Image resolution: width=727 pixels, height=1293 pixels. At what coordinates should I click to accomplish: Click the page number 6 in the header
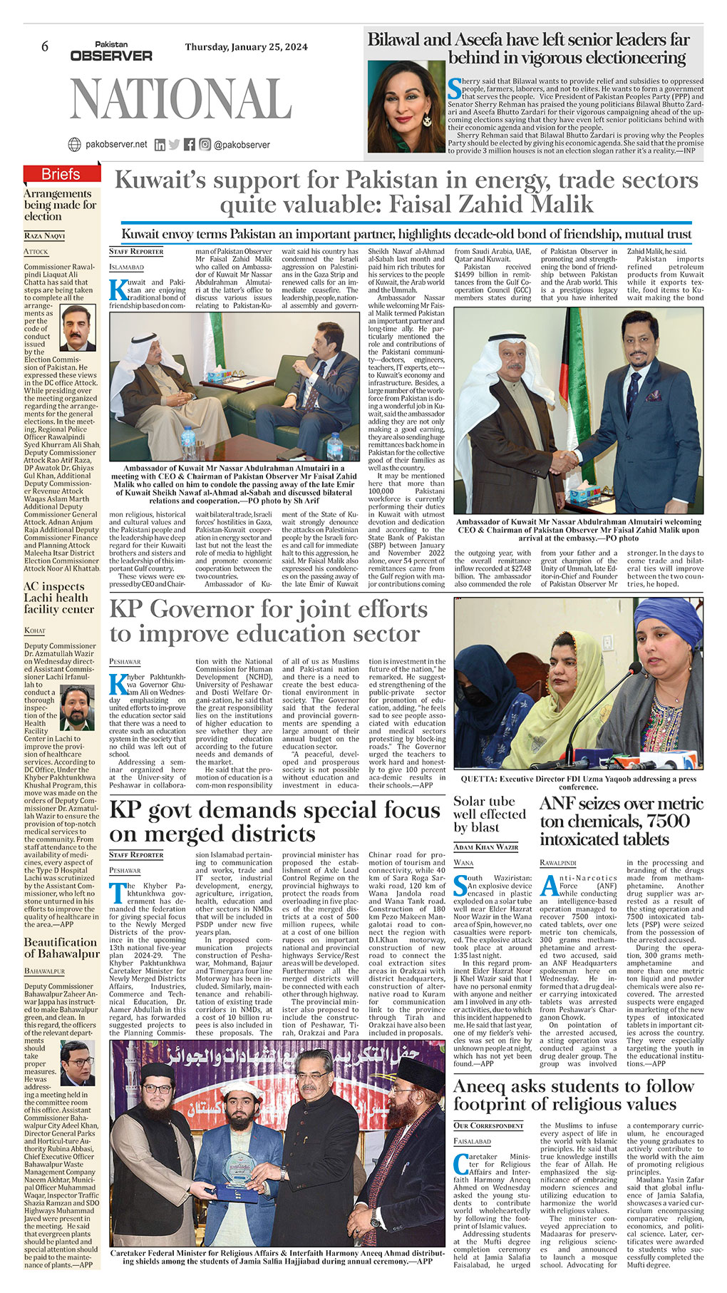(44, 46)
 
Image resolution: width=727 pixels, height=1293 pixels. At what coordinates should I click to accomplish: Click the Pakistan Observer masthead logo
(111, 51)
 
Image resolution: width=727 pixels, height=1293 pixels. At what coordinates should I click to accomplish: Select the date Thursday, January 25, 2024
(246, 47)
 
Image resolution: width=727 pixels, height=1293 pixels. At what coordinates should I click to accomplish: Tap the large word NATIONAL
(181, 98)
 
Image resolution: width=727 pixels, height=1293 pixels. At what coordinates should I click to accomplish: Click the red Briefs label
(61, 174)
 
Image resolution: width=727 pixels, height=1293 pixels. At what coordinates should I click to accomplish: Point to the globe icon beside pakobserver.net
(74, 144)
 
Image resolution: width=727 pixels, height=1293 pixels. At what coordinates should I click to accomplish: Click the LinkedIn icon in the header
(160, 144)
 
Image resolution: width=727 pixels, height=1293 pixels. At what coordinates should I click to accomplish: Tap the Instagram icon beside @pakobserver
(205, 144)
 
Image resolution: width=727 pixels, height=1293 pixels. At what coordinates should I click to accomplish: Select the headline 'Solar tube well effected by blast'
(489, 814)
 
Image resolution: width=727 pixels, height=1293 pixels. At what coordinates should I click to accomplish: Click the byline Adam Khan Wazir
(485, 847)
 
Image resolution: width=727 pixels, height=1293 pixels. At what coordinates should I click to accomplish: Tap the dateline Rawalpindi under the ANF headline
(558, 862)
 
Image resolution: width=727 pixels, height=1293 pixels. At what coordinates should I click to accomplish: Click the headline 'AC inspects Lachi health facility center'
(58, 598)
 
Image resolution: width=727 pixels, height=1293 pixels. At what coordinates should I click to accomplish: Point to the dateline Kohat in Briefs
(34, 630)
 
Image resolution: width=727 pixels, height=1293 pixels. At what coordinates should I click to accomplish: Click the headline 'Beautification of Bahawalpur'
(61, 948)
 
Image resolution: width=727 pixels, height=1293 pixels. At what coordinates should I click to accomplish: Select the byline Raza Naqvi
(44, 235)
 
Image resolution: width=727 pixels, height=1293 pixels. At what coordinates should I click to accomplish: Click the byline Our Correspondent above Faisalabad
(488, 1125)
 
